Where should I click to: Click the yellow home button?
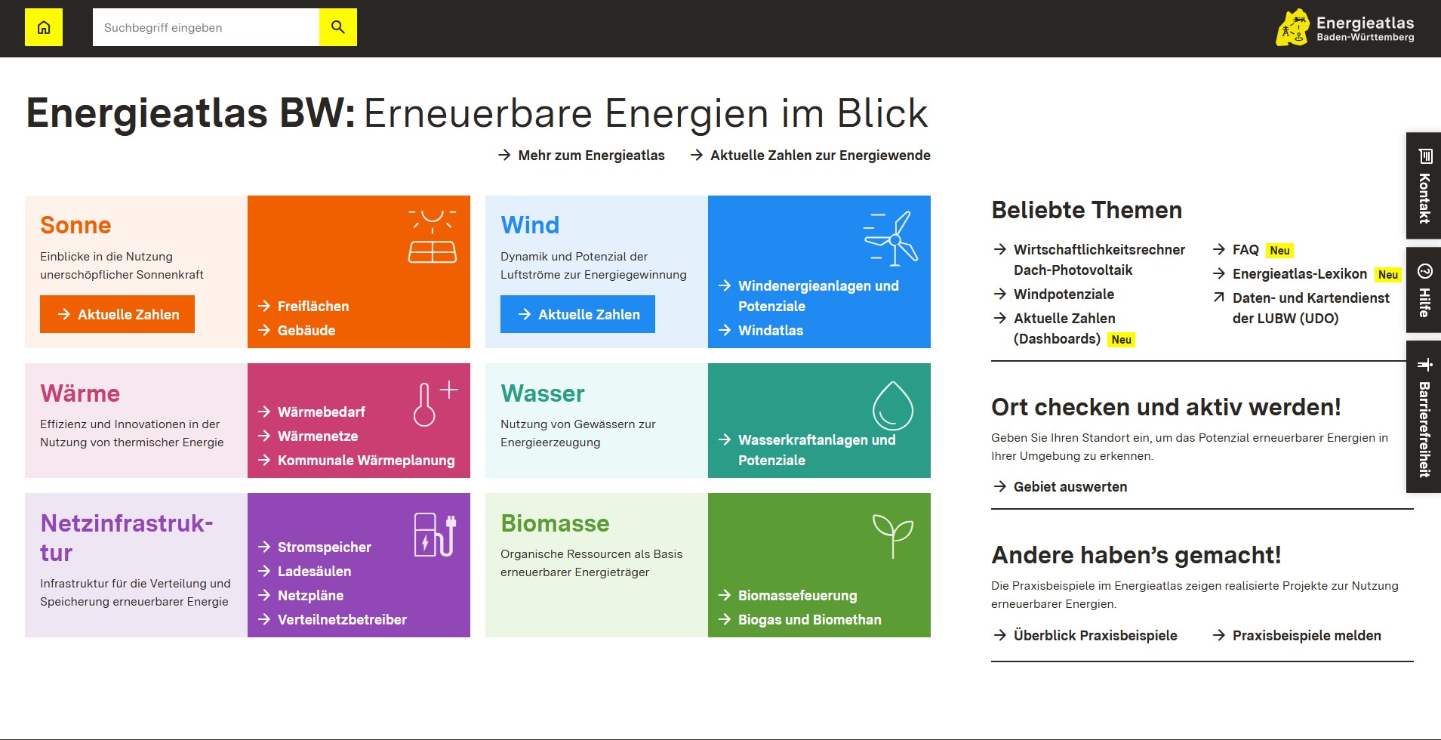coord(44,27)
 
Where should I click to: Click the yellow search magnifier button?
coord(338,27)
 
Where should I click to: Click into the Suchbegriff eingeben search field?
coord(206,27)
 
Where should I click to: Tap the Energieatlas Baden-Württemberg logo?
coord(1345,28)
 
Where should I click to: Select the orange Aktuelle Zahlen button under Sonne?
coord(117,314)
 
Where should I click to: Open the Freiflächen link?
coord(303,306)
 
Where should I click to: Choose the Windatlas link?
coord(761,330)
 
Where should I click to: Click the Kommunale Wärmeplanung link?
coord(356,460)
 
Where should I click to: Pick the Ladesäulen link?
coord(304,571)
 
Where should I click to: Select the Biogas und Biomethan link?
coord(800,619)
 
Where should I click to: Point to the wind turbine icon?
coord(891,239)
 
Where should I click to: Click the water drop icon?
coord(893,405)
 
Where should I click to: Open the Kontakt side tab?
coord(1424,186)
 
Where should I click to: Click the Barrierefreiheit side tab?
coord(1424,417)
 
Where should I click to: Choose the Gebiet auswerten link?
coord(1061,486)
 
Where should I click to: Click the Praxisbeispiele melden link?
coord(1297,635)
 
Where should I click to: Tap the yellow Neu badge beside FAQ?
coord(1279,251)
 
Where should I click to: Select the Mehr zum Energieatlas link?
coord(581,155)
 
